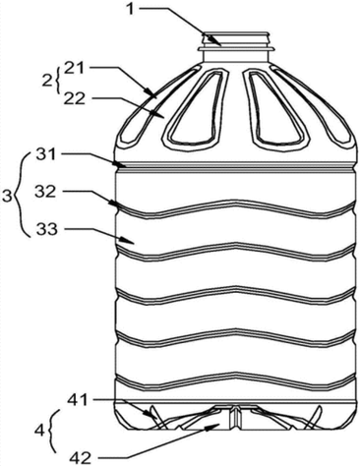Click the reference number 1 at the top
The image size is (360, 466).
pos(131,9)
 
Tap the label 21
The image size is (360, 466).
pos(74,69)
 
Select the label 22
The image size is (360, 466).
pos(75,98)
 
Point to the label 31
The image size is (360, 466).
pos(47,154)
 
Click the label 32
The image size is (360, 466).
pos(46,193)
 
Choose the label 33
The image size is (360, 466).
pos(47,230)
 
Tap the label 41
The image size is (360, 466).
pos(78,400)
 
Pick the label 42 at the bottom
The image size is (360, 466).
pos(81,458)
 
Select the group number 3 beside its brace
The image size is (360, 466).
pos(7,198)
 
